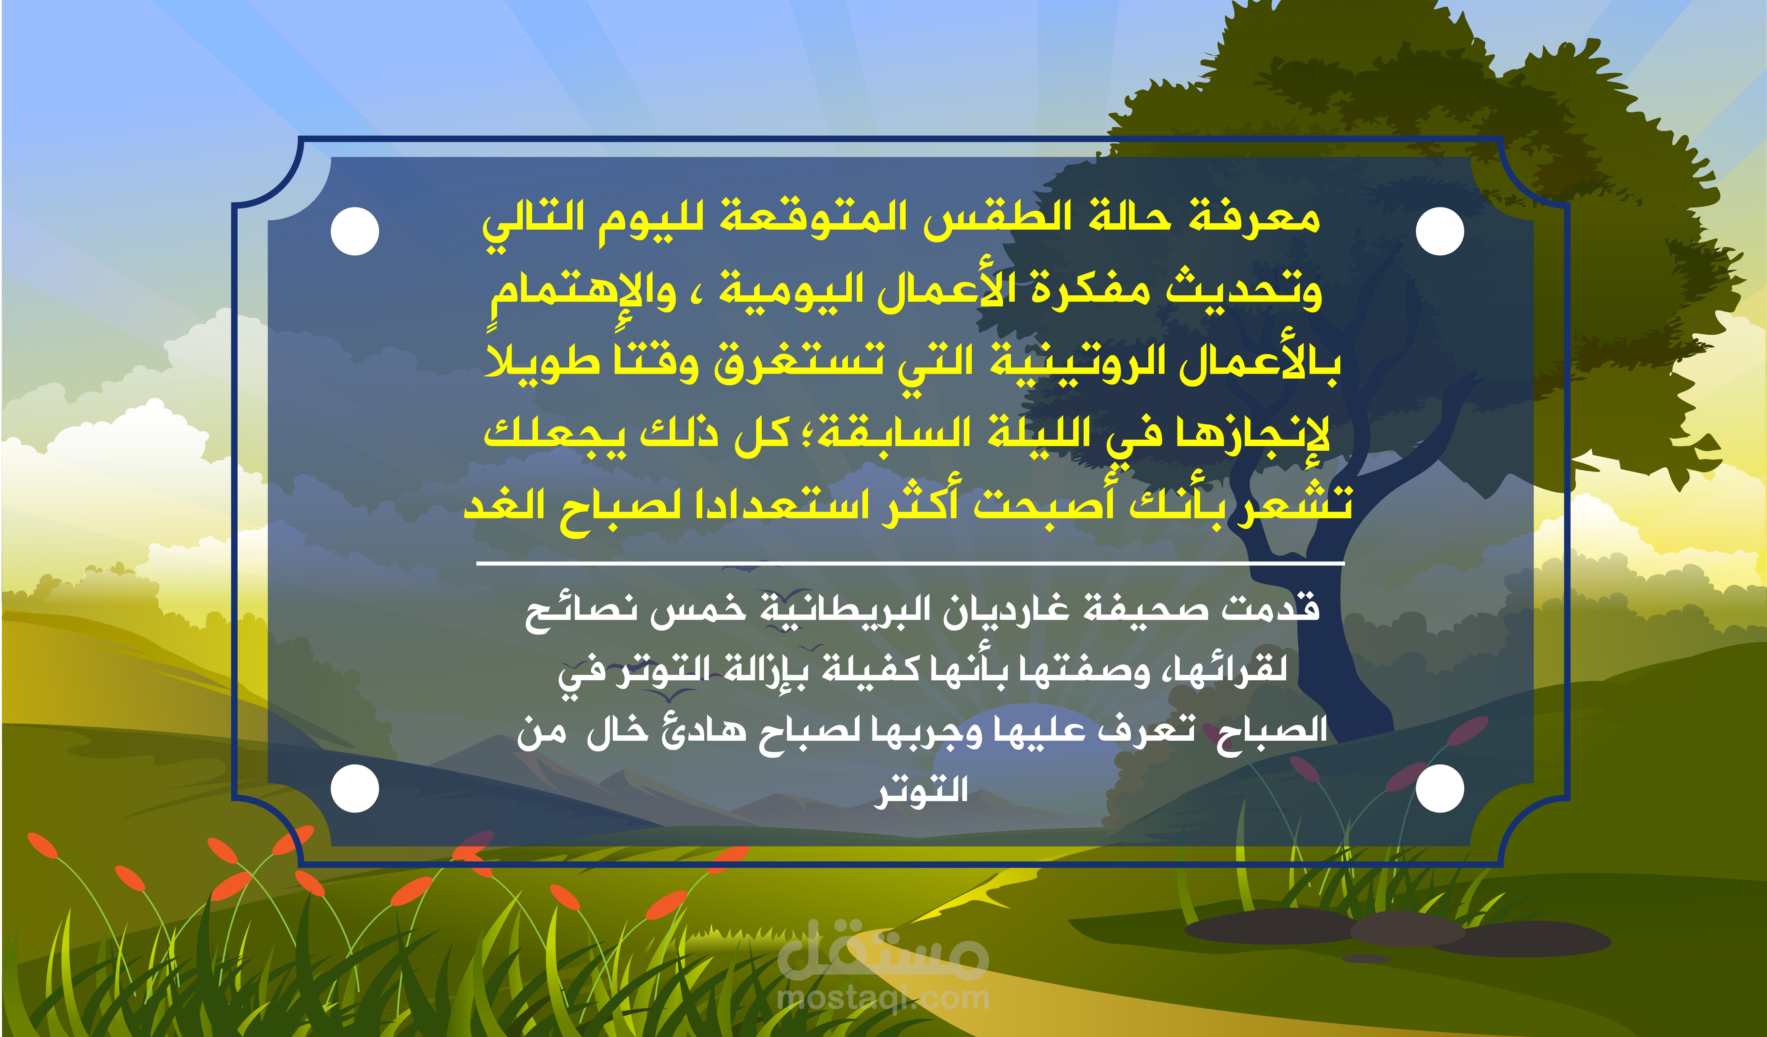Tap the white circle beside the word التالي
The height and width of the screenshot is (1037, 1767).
[x=355, y=231]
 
